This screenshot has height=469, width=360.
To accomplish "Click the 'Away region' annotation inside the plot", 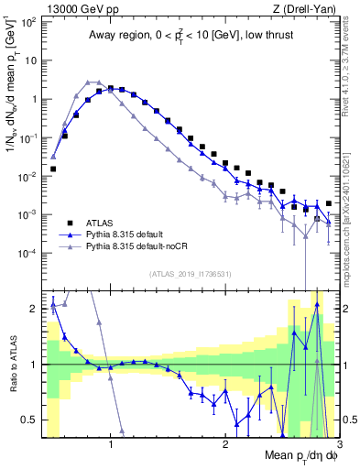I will (190, 37).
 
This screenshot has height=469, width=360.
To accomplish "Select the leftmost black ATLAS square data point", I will (53, 169).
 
